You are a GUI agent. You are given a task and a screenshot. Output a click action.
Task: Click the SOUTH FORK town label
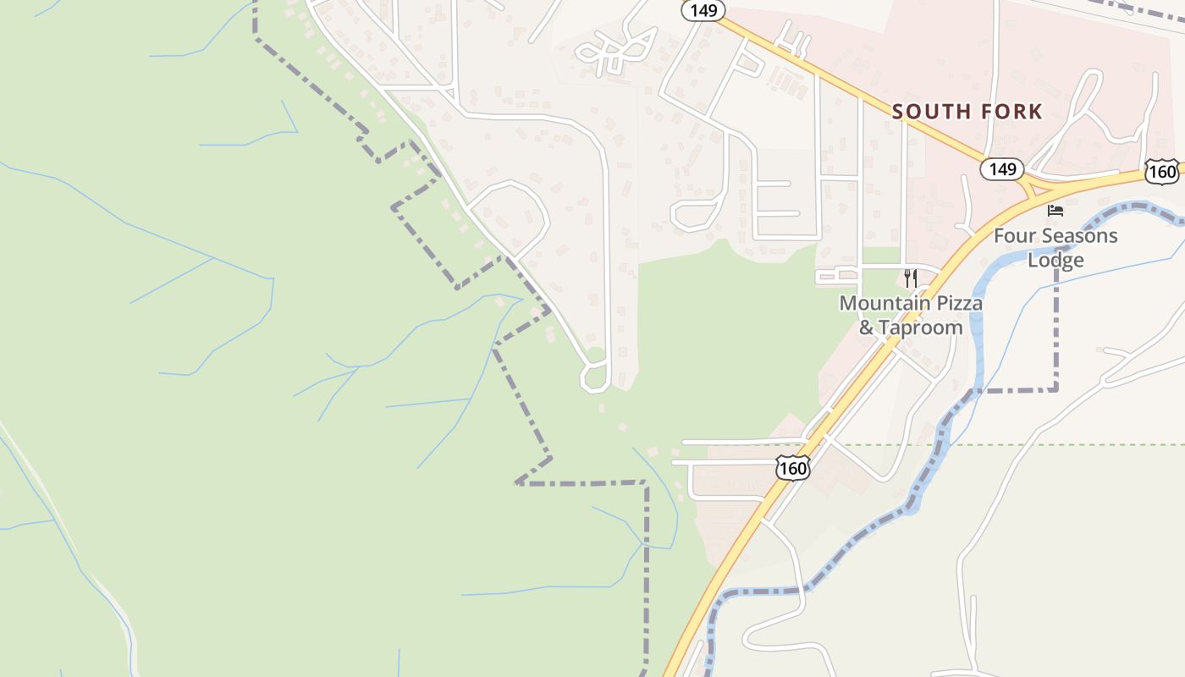(967, 112)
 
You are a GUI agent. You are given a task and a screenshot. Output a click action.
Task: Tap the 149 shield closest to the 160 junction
(1002, 169)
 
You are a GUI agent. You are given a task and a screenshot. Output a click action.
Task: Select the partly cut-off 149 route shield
(703, 10)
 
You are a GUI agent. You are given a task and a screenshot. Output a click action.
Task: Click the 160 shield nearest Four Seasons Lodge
(1163, 172)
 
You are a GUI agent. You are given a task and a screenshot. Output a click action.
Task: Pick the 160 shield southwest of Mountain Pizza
(792, 468)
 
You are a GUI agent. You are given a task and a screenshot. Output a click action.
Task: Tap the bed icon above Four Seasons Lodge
(1055, 210)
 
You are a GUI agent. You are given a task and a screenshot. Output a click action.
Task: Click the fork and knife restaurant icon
(911, 278)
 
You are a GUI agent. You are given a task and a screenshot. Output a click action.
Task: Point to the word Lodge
(1055, 260)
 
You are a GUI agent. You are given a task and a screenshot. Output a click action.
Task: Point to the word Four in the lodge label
(1012, 235)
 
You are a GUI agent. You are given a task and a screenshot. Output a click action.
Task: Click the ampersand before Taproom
(867, 327)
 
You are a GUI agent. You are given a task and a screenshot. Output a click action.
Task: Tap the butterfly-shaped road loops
(616, 51)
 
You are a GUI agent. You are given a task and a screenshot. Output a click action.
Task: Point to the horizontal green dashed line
(1016, 444)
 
